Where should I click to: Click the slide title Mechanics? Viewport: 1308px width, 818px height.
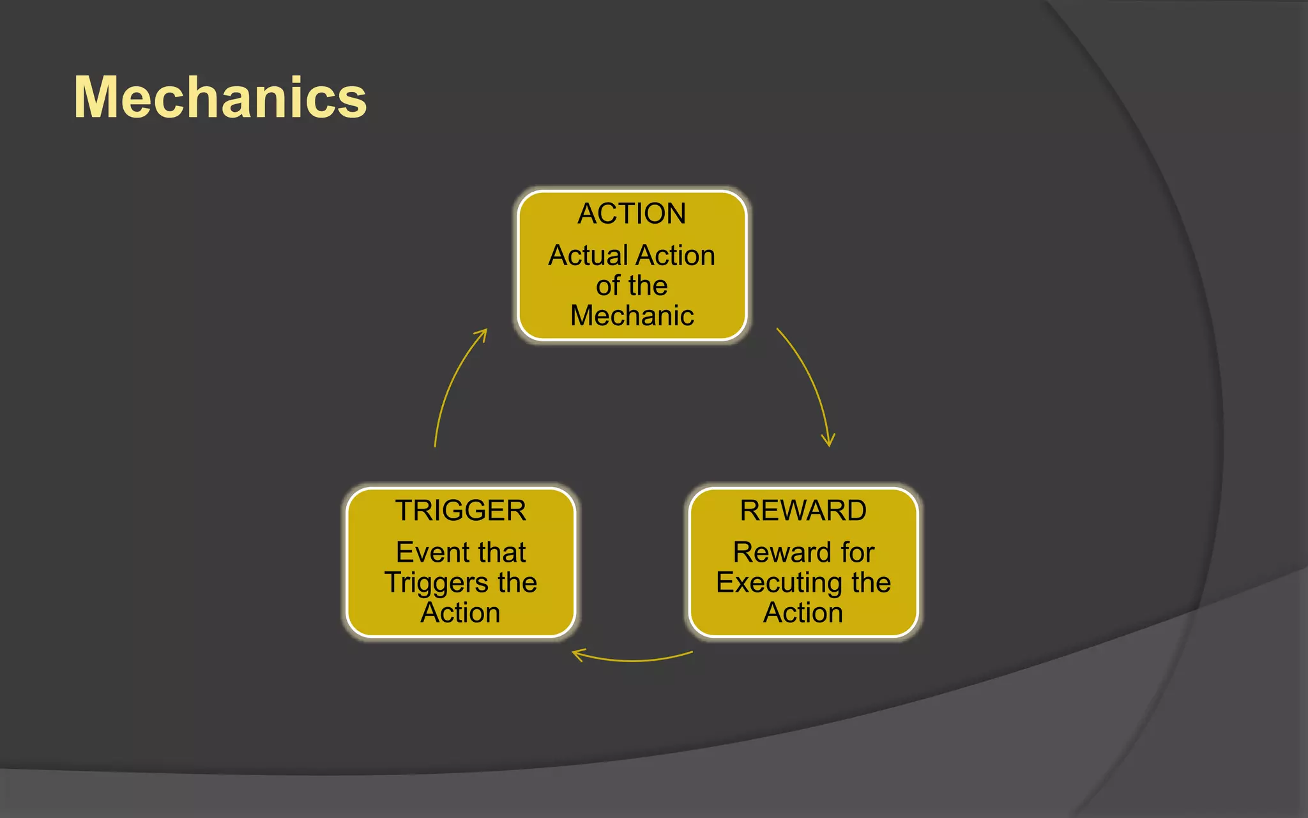click(220, 97)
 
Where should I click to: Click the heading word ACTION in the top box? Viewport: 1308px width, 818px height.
click(632, 213)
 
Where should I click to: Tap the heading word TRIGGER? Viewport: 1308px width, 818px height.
click(460, 511)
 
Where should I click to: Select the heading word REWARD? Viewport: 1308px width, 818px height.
click(803, 511)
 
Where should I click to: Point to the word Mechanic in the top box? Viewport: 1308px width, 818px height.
click(632, 316)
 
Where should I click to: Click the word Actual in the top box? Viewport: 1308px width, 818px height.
click(588, 256)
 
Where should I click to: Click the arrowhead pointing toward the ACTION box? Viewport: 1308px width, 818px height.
click(483, 334)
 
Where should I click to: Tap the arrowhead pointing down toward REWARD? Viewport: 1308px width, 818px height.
click(828, 442)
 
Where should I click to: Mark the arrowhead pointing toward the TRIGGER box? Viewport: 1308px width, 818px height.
click(577, 654)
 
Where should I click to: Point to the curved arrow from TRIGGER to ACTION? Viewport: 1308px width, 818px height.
click(450, 383)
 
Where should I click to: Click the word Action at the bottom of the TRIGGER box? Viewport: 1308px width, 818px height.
click(460, 613)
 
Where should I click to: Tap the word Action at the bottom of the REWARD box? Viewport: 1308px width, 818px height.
click(803, 613)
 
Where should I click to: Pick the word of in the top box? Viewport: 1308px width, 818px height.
click(607, 286)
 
